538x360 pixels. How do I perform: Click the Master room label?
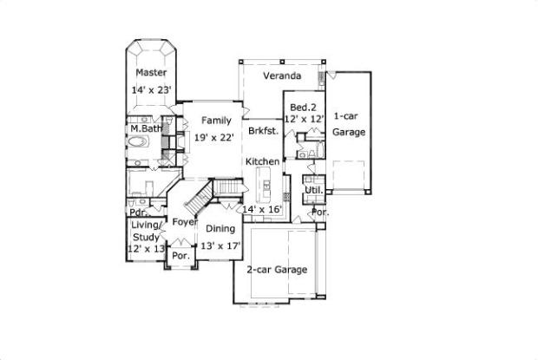[x=151, y=73]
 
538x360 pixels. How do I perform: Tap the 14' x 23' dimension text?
[x=151, y=90]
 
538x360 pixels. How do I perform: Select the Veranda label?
[x=282, y=75]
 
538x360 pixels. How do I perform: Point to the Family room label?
[x=216, y=121]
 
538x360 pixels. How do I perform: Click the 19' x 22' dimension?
[x=214, y=138]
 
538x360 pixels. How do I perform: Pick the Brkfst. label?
[x=264, y=131]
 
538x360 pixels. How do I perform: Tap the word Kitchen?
[x=262, y=161]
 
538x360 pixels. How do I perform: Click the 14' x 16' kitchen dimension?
[x=262, y=209]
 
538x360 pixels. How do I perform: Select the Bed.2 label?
[x=303, y=108]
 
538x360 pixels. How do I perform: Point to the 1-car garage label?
[x=349, y=124]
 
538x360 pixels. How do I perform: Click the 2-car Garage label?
[x=277, y=270]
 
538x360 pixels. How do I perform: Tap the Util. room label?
[x=314, y=190]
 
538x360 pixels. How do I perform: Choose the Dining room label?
[x=220, y=229]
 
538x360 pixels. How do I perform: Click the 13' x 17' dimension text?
[x=220, y=246]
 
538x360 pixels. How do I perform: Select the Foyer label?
[x=185, y=222]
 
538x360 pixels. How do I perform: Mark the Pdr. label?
[x=138, y=213]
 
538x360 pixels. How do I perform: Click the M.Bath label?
[x=146, y=128]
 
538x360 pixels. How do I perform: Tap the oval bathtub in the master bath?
[x=138, y=141]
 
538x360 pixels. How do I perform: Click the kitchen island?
[x=266, y=183]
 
